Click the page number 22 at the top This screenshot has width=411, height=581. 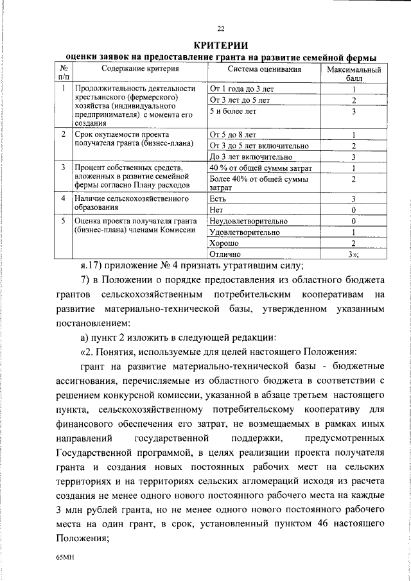221,29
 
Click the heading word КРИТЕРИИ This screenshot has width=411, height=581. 221,44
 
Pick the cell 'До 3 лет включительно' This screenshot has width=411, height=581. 251,157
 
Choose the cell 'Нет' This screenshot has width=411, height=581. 216,209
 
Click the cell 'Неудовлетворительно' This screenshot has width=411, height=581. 248,221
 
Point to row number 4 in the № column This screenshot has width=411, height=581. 63,198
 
